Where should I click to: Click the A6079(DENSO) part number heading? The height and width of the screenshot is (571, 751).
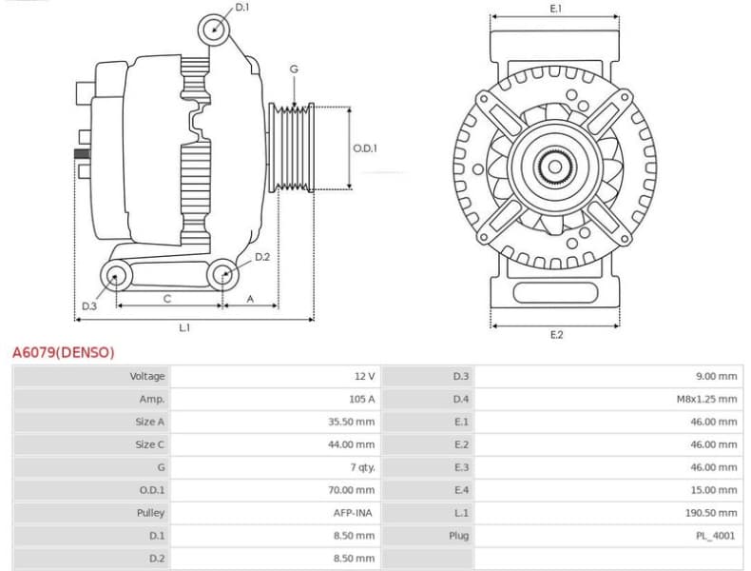coord(63,352)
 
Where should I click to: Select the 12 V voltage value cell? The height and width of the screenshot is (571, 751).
coord(364,376)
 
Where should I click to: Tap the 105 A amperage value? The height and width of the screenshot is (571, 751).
coord(361,399)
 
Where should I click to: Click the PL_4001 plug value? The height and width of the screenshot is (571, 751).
coord(716,536)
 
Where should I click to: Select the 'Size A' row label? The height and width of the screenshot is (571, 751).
coord(149,422)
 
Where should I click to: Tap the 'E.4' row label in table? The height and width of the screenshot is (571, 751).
coord(461,490)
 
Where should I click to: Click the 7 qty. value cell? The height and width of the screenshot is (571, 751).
coord(362,467)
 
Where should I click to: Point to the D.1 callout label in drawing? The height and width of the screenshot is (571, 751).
coord(242,8)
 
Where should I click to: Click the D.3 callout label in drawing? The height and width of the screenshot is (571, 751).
coord(88,306)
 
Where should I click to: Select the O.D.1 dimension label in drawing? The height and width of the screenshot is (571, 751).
coord(365,148)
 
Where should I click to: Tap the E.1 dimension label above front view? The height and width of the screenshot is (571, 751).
coord(556,8)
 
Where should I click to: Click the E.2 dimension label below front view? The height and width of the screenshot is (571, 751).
coord(556,335)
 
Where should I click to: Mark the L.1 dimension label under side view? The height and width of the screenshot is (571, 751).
coord(184,327)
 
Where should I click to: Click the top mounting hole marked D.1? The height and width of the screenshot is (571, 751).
coord(216,30)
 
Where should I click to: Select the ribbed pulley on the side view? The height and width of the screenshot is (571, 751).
coord(293,148)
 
